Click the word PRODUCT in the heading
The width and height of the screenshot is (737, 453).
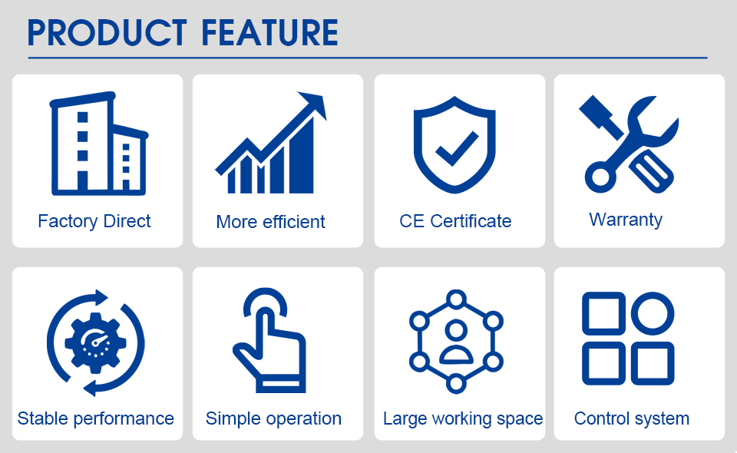(107, 32)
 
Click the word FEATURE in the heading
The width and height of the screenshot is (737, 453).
(269, 32)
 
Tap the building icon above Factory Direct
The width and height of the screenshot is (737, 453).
(99, 144)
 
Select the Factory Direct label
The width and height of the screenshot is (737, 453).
(94, 221)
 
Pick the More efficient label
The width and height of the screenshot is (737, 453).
(270, 222)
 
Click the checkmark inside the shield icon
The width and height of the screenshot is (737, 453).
(456, 148)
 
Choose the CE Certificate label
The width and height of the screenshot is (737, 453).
(455, 221)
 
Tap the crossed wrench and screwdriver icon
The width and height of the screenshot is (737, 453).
(629, 144)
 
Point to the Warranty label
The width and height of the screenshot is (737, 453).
(626, 220)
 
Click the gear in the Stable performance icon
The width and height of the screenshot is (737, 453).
(95, 343)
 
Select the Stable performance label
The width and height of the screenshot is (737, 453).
(95, 418)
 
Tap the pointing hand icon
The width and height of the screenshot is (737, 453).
(269, 340)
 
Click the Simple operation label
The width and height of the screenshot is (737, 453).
(273, 418)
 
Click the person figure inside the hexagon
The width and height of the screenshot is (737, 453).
(456, 341)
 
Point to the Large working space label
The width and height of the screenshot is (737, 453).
(463, 418)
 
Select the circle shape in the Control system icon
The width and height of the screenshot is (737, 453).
(653, 313)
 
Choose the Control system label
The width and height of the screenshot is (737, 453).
(632, 418)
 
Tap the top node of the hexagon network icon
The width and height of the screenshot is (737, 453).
(456, 299)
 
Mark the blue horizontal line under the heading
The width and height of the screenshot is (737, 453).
(368, 58)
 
